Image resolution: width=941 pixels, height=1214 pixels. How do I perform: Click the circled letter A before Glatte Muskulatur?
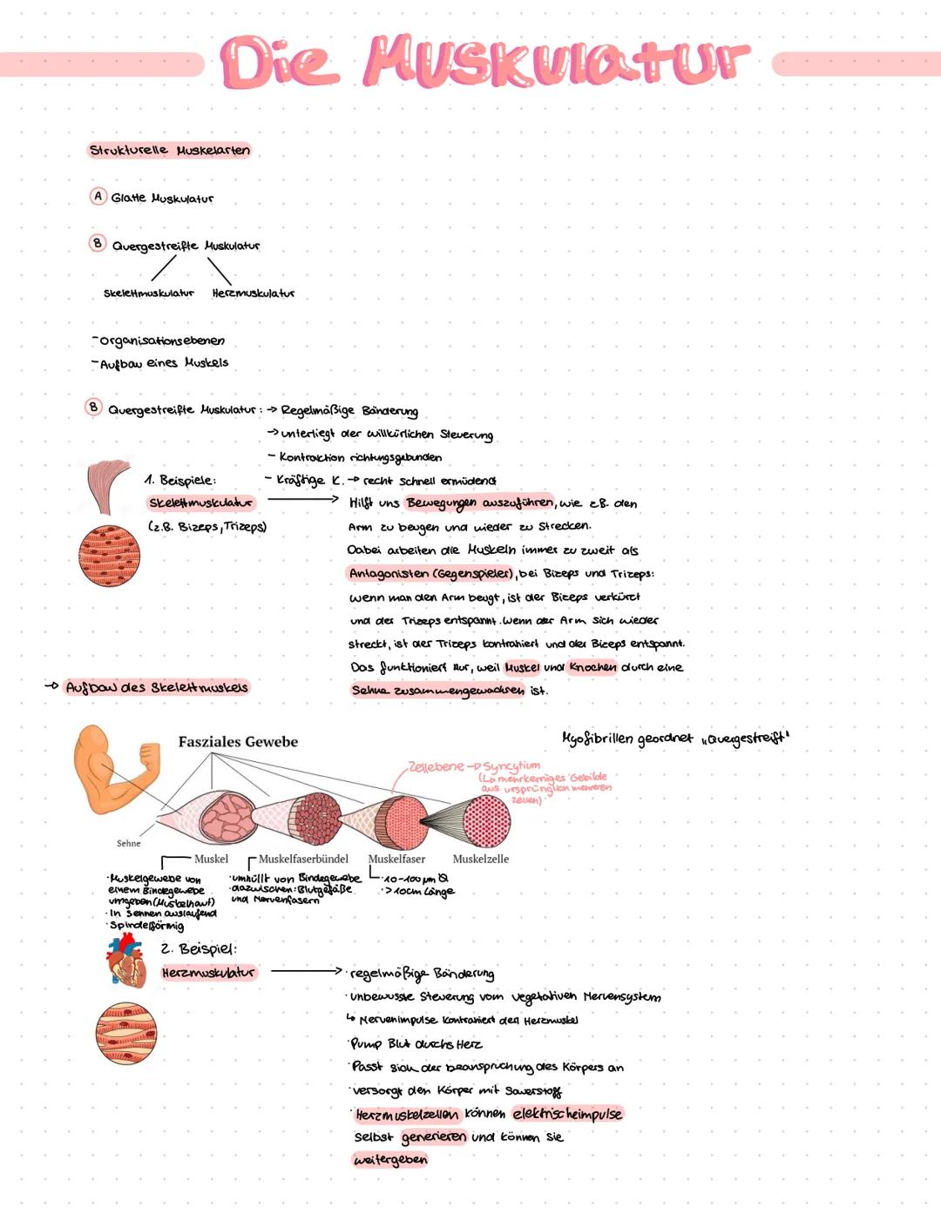tap(98, 197)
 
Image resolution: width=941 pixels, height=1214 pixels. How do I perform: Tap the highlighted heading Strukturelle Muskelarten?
tap(170, 151)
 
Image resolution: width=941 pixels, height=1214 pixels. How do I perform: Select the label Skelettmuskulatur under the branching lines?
tap(149, 293)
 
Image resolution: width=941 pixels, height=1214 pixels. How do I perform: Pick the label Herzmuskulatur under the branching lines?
tap(254, 293)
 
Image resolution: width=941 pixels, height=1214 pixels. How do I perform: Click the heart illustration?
tap(124, 959)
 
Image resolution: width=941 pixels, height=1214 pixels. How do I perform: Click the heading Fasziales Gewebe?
tap(238, 742)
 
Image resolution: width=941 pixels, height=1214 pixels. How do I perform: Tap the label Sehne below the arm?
tap(128, 843)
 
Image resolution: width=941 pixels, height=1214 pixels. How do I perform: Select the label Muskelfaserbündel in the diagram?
tap(303, 859)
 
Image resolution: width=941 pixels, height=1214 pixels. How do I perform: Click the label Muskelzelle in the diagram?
tap(480, 859)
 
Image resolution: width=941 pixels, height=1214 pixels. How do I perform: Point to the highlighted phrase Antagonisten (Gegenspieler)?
tap(430, 574)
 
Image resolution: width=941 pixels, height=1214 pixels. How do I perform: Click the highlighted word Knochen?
tap(592, 667)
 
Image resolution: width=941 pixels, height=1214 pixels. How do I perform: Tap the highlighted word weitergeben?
tap(390, 1160)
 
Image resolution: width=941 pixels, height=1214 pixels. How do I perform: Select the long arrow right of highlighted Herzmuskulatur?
tap(305, 970)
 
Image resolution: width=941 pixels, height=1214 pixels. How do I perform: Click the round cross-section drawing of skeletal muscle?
tap(110, 556)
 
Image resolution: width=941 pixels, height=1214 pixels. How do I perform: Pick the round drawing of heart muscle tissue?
tap(126, 1034)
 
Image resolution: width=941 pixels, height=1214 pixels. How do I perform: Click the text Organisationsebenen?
tap(162, 341)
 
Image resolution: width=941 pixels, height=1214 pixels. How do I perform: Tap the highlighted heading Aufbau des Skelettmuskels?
tap(157, 687)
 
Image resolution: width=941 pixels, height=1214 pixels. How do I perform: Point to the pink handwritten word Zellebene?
tap(436, 766)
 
